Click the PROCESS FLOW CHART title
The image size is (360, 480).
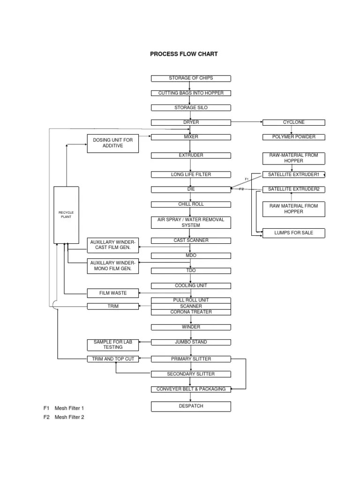click(x=184, y=54)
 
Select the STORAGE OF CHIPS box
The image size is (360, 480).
click(x=191, y=78)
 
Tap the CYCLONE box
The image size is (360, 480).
click(x=293, y=122)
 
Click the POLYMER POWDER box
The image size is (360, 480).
click(x=293, y=137)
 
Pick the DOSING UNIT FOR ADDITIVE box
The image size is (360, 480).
click(x=113, y=143)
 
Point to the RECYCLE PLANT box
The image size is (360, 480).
click(x=66, y=215)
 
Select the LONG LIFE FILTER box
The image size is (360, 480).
click(x=191, y=174)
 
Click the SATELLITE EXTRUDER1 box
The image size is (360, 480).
click(x=293, y=174)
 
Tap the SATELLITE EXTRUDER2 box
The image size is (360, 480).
click(x=293, y=189)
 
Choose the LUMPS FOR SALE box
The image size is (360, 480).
click(x=293, y=232)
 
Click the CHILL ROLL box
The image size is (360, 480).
click(x=191, y=204)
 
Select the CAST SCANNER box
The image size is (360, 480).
click(x=191, y=240)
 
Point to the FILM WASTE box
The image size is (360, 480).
click(x=113, y=293)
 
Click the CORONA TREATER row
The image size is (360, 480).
click(x=191, y=312)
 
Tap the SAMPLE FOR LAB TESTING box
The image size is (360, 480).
click(x=113, y=345)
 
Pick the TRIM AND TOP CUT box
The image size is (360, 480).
click(x=113, y=359)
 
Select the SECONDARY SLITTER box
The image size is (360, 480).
click(x=191, y=374)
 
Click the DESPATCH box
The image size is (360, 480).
click(x=191, y=406)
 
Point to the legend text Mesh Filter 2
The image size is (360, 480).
click(x=69, y=417)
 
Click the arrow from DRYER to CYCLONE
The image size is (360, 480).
click(x=247, y=122)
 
